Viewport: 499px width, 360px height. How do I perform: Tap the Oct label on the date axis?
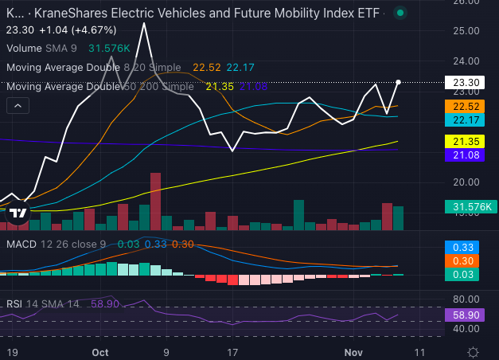(100, 351)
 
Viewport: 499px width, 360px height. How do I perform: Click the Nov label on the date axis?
(353, 351)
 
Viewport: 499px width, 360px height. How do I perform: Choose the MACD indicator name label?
(21, 244)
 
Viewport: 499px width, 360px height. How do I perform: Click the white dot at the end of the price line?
(398, 82)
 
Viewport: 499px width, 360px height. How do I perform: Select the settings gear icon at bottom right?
(473, 351)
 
